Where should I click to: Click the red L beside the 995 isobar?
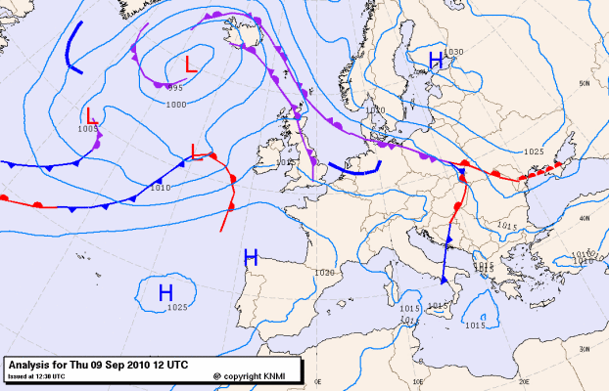[192, 66]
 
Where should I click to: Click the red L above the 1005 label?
[90, 115]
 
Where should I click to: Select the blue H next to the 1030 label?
[437, 63]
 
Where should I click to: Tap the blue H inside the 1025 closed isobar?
[165, 292]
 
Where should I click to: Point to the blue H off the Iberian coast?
[251, 258]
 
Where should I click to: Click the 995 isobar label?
[175, 89]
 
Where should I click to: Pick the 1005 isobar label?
[88, 128]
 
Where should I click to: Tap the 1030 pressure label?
[453, 52]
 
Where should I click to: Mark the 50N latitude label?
[585, 84]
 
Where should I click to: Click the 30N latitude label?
[585, 348]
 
